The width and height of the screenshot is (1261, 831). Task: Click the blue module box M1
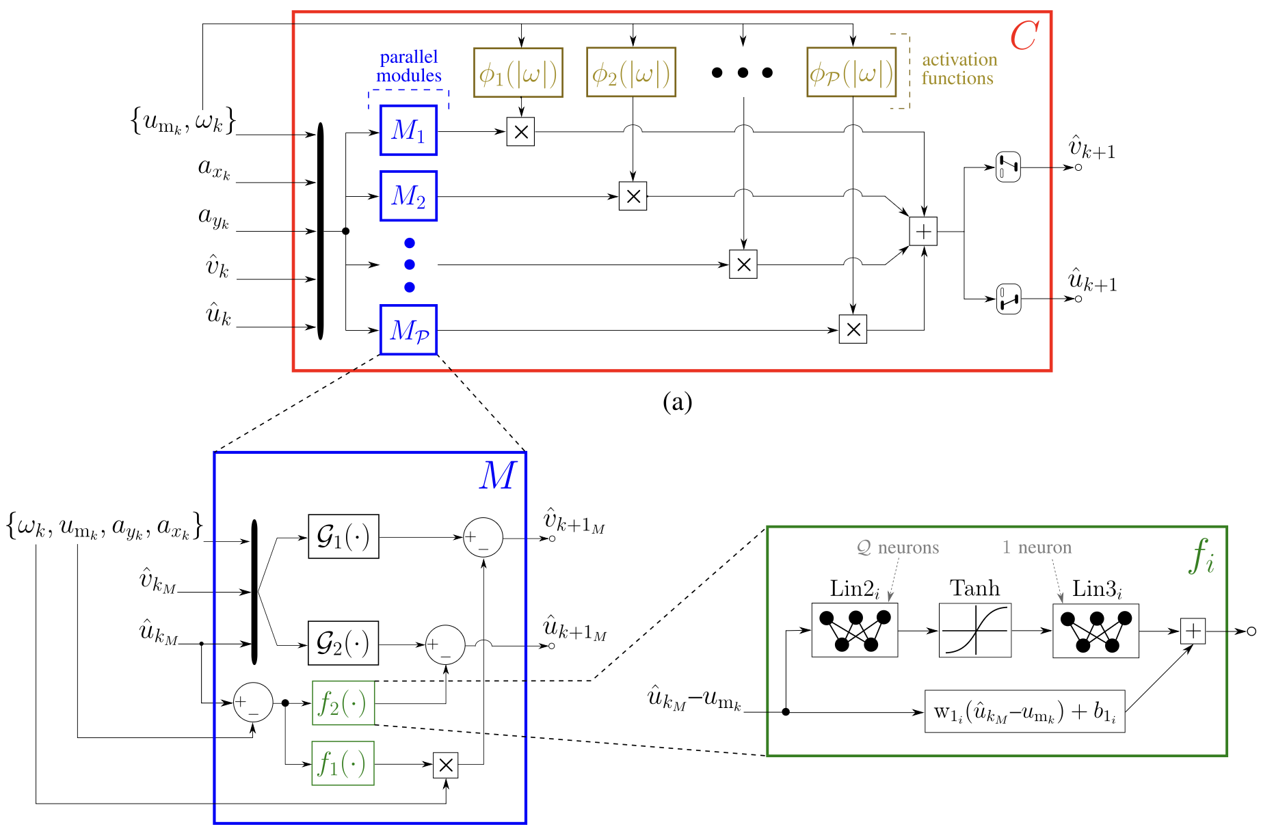[408, 131]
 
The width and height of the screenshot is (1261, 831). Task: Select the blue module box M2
[408, 196]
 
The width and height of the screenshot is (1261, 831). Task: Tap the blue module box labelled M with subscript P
[408, 330]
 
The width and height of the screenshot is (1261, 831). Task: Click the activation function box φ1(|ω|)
[518, 72]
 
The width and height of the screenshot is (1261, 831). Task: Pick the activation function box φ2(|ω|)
[631, 72]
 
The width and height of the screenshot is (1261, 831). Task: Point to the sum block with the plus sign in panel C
[923, 232]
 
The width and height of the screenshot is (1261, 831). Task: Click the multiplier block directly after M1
[520, 132]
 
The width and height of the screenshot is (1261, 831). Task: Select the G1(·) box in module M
[343, 537]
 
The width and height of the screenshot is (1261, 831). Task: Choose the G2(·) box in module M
[343, 643]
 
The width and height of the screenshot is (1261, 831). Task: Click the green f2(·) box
[343, 703]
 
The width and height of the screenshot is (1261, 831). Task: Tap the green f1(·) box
[343, 763]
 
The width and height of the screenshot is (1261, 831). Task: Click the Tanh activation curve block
[975, 630]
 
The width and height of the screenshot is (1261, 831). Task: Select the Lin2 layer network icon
[855, 630]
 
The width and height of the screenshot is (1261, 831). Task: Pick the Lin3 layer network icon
[1096, 631]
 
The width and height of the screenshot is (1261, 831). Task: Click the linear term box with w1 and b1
[1024, 711]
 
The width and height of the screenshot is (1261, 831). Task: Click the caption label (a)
[678, 402]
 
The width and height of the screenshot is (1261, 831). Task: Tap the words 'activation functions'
[959, 69]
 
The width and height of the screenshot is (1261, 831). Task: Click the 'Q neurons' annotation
[898, 547]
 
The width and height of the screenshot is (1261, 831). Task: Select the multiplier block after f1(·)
[446, 765]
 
